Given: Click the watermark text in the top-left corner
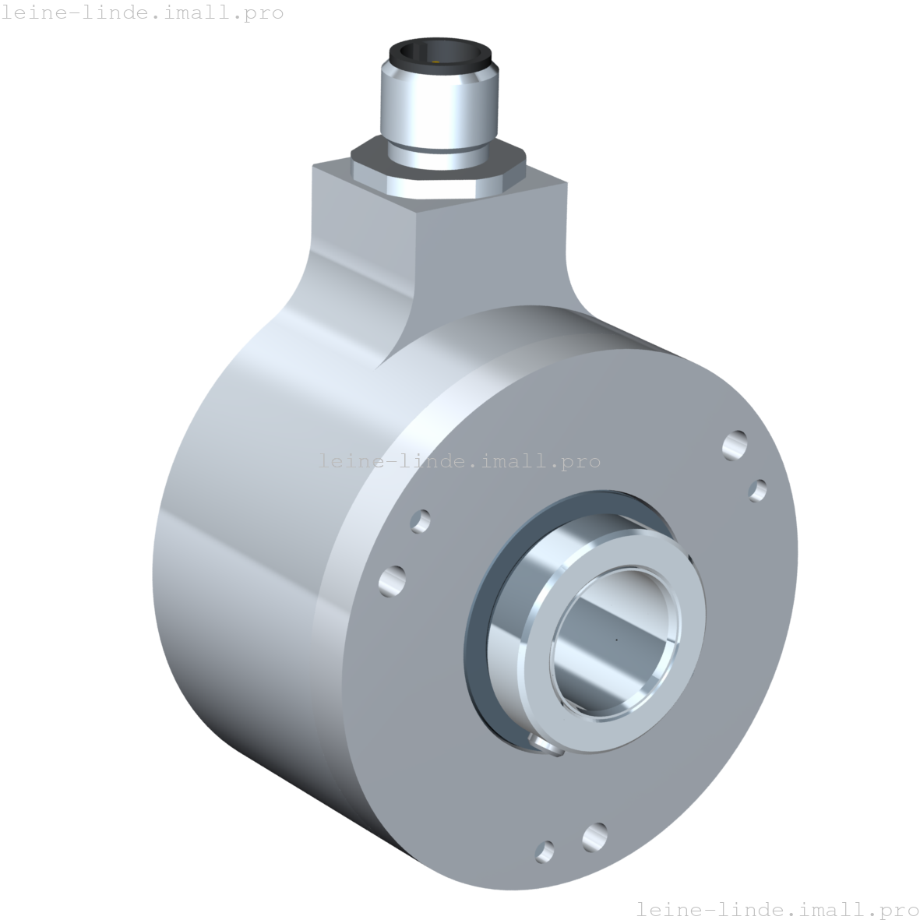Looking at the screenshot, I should pyautogui.click(x=142, y=12).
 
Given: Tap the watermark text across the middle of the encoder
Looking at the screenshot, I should pyautogui.click(x=460, y=461).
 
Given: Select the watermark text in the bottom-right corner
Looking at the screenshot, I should pyautogui.click(x=777, y=908).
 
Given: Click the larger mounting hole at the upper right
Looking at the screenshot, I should pyautogui.click(x=734, y=446).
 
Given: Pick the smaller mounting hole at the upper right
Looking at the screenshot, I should pyautogui.click(x=757, y=490).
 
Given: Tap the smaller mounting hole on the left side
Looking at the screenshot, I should pyautogui.click(x=421, y=520).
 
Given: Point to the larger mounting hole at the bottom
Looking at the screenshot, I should pyautogui.click(x=594, y=837).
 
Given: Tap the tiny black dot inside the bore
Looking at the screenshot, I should pyautogui.click(x=616, y=641).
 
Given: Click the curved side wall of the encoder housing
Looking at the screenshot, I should pyautogui.click(x=234, y=545).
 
